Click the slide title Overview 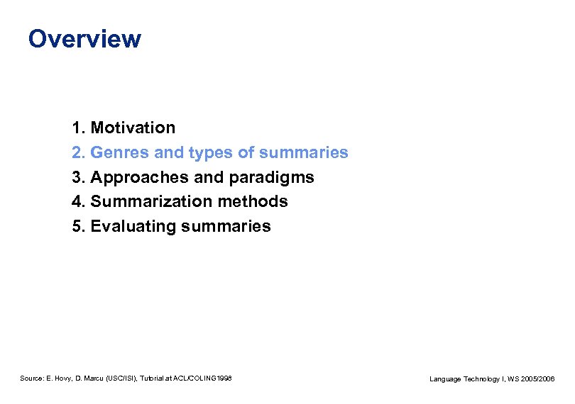click(84, 38)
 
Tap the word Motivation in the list click(133, 128)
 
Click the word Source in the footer click(32, 379)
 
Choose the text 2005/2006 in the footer click(538, 380)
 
